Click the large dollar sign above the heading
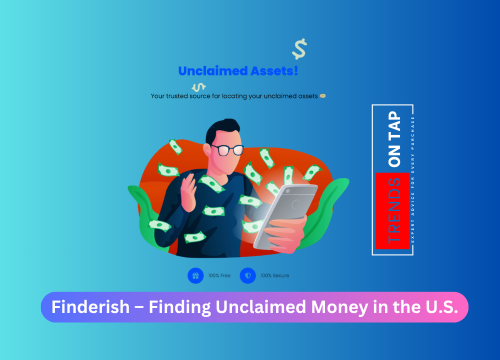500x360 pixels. [x=299, y=49]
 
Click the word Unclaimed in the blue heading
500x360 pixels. [x=213, y=71]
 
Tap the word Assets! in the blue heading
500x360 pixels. [x=274, y=71]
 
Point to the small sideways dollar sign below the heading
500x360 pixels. [x=198, y=86]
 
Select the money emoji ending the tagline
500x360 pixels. [x=322, y=95]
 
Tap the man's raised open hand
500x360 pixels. [x=188, y=192]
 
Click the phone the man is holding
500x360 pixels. [x=285, y=216]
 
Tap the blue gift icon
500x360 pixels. [x=195, y=275]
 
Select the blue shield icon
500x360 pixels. [x=248, y=275]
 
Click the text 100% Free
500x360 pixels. [x=219, y=275]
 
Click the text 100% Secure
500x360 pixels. [x=275, y=275]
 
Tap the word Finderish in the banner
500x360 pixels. [x=90, y=307]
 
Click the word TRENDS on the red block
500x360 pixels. [x=394, y=211]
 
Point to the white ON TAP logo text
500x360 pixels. [x=394, y=138]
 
